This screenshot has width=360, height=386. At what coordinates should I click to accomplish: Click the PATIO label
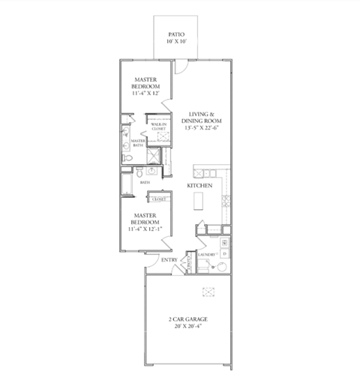pos(177,34)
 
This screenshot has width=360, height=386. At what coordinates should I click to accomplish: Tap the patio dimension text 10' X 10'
pos(177,42)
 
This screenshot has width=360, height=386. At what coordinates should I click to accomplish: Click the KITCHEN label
pos(199,185)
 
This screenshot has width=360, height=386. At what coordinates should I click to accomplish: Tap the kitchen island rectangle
pos(199,201)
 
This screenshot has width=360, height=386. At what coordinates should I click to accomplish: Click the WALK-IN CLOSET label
pos(158,126)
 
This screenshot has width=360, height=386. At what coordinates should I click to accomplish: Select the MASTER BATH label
pos(138,143)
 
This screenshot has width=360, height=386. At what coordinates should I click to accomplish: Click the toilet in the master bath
pos(127,159)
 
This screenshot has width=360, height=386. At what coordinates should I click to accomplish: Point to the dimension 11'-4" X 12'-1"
pos(144,228)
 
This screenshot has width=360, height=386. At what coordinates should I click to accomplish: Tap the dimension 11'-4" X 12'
pos(145,94)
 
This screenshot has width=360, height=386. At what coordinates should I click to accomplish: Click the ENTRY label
pos(169,260)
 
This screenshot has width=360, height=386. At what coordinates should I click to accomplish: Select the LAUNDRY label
pos(206,256)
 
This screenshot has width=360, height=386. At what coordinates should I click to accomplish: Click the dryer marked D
pos(224,254)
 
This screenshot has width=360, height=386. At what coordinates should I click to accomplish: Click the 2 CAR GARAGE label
pos(187,319)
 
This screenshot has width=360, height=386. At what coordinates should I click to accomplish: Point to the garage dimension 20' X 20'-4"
pos(187,327)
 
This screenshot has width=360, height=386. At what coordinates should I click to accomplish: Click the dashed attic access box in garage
pos(207,292)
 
